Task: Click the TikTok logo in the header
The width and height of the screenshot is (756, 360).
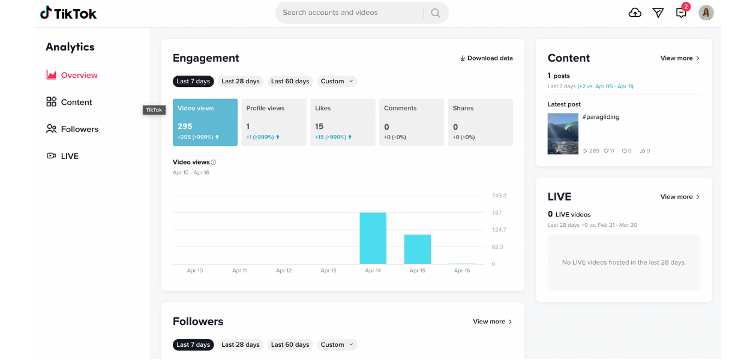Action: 68,13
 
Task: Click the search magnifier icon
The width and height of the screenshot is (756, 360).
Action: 436,13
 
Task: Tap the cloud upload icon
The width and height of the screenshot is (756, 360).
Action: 635,13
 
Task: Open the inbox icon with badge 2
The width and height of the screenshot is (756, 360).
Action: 681,13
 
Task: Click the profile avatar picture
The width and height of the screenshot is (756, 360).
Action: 706,13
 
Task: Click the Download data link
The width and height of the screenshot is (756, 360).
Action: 486,58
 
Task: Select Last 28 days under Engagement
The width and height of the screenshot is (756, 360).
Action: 240,81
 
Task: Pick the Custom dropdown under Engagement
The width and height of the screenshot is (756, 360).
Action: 337,81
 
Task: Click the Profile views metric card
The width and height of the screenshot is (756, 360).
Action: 274,122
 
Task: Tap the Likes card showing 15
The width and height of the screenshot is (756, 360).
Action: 343,122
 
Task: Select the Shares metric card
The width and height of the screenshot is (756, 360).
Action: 480,122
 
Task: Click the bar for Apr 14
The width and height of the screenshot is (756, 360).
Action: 373,238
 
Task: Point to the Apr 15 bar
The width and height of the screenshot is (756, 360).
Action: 418,249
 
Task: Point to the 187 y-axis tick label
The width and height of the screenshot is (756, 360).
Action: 497,212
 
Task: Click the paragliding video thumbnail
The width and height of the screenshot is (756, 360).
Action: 563,134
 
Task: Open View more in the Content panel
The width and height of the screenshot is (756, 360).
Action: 680,58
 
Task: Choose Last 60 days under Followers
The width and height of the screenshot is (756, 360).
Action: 290,344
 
